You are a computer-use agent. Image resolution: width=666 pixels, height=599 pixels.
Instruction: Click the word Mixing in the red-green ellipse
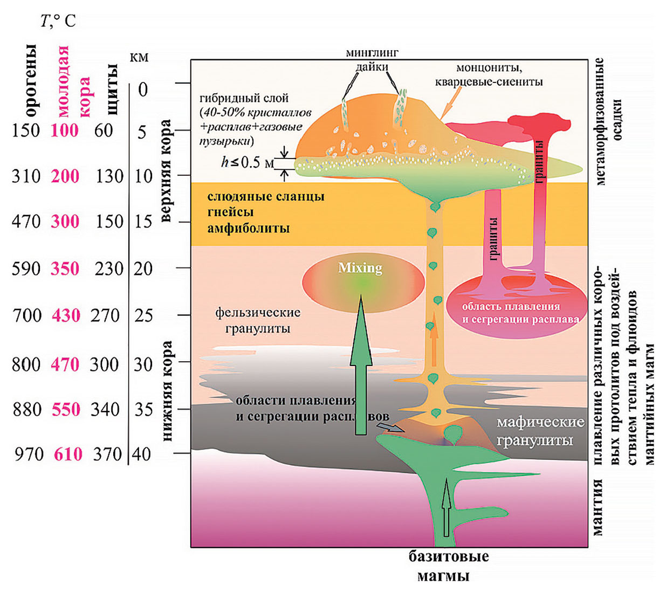point(360,268)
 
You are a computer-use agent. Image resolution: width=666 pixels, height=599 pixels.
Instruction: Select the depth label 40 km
point(141,454)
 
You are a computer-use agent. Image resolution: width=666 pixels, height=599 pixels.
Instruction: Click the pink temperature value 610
point(68,454)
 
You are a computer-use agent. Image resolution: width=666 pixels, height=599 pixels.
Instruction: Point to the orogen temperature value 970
point(28,454)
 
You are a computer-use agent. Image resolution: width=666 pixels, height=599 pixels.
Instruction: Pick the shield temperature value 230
point(109,268)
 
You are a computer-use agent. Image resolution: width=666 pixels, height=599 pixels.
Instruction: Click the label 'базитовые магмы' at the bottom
point(448,566)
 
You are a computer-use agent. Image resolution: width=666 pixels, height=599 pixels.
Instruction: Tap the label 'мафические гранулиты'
point(540,431)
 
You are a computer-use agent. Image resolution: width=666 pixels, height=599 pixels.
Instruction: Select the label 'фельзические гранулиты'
point(258,320)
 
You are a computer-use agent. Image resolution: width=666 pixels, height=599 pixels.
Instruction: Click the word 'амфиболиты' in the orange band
point(249,228)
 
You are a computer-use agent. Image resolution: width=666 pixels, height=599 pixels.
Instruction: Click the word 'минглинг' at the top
point(372,53)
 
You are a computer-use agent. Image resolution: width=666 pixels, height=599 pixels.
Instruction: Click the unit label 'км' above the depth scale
point(139,57)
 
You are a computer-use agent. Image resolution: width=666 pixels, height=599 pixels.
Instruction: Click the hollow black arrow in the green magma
point(446,507)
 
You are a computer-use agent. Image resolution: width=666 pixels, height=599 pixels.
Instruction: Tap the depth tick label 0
point(142,89)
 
